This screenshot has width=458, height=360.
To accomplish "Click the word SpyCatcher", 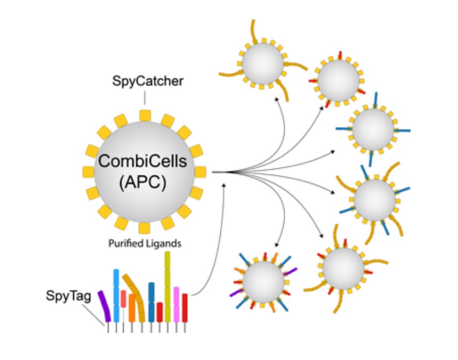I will pyautogui.click(x=147, y=82).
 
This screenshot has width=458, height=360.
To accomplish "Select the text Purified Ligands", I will pyautogui.click(x=144, y=243).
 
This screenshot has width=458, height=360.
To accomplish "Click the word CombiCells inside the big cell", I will pyautogui.click(x=144, y=161).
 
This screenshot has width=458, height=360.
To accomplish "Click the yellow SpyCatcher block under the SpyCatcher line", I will pyautogui.click(x=144, y=115).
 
